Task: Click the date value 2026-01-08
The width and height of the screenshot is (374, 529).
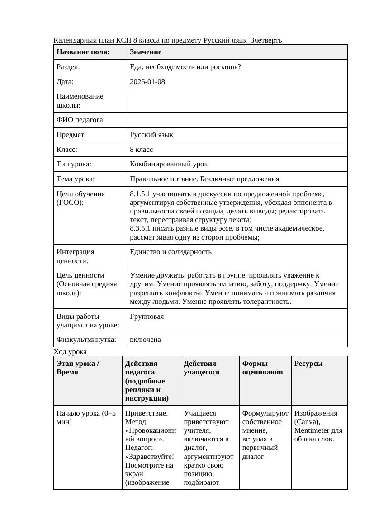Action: click(x=147, y=82)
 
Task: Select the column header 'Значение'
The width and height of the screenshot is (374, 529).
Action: click(x=146, y=52)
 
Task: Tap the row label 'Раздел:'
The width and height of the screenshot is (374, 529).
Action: click(x=68, y=67)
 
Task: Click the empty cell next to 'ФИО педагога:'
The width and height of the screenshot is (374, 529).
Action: click(x=237, y=120)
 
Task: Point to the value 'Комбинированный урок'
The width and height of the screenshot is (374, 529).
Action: click(x=169, y=164)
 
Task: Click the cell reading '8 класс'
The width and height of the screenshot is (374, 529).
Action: click(x=142, y=149)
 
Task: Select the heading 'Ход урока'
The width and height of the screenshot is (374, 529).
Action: click(x=70, y=351)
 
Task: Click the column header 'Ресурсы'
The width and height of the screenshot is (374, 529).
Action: click(x=308, y=364)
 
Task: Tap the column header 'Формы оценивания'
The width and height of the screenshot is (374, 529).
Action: click(x=263, y=368)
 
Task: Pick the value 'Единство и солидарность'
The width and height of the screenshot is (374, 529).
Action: click(x=170, y=252)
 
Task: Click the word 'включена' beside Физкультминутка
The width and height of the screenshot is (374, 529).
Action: click(x=145, y=340)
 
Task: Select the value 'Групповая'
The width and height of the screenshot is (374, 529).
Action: click(x=147, y=316)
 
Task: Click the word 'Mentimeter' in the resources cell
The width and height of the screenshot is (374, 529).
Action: click(x=311, y=430)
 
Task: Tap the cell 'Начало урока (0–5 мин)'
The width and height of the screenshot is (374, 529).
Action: click(x=86, y=417)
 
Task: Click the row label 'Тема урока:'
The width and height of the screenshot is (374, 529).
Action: click(x=76, y=179)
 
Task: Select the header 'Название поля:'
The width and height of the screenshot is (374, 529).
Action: click(x=83, y=52)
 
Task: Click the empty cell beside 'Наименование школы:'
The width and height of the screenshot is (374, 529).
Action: click(x=237, y=100)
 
